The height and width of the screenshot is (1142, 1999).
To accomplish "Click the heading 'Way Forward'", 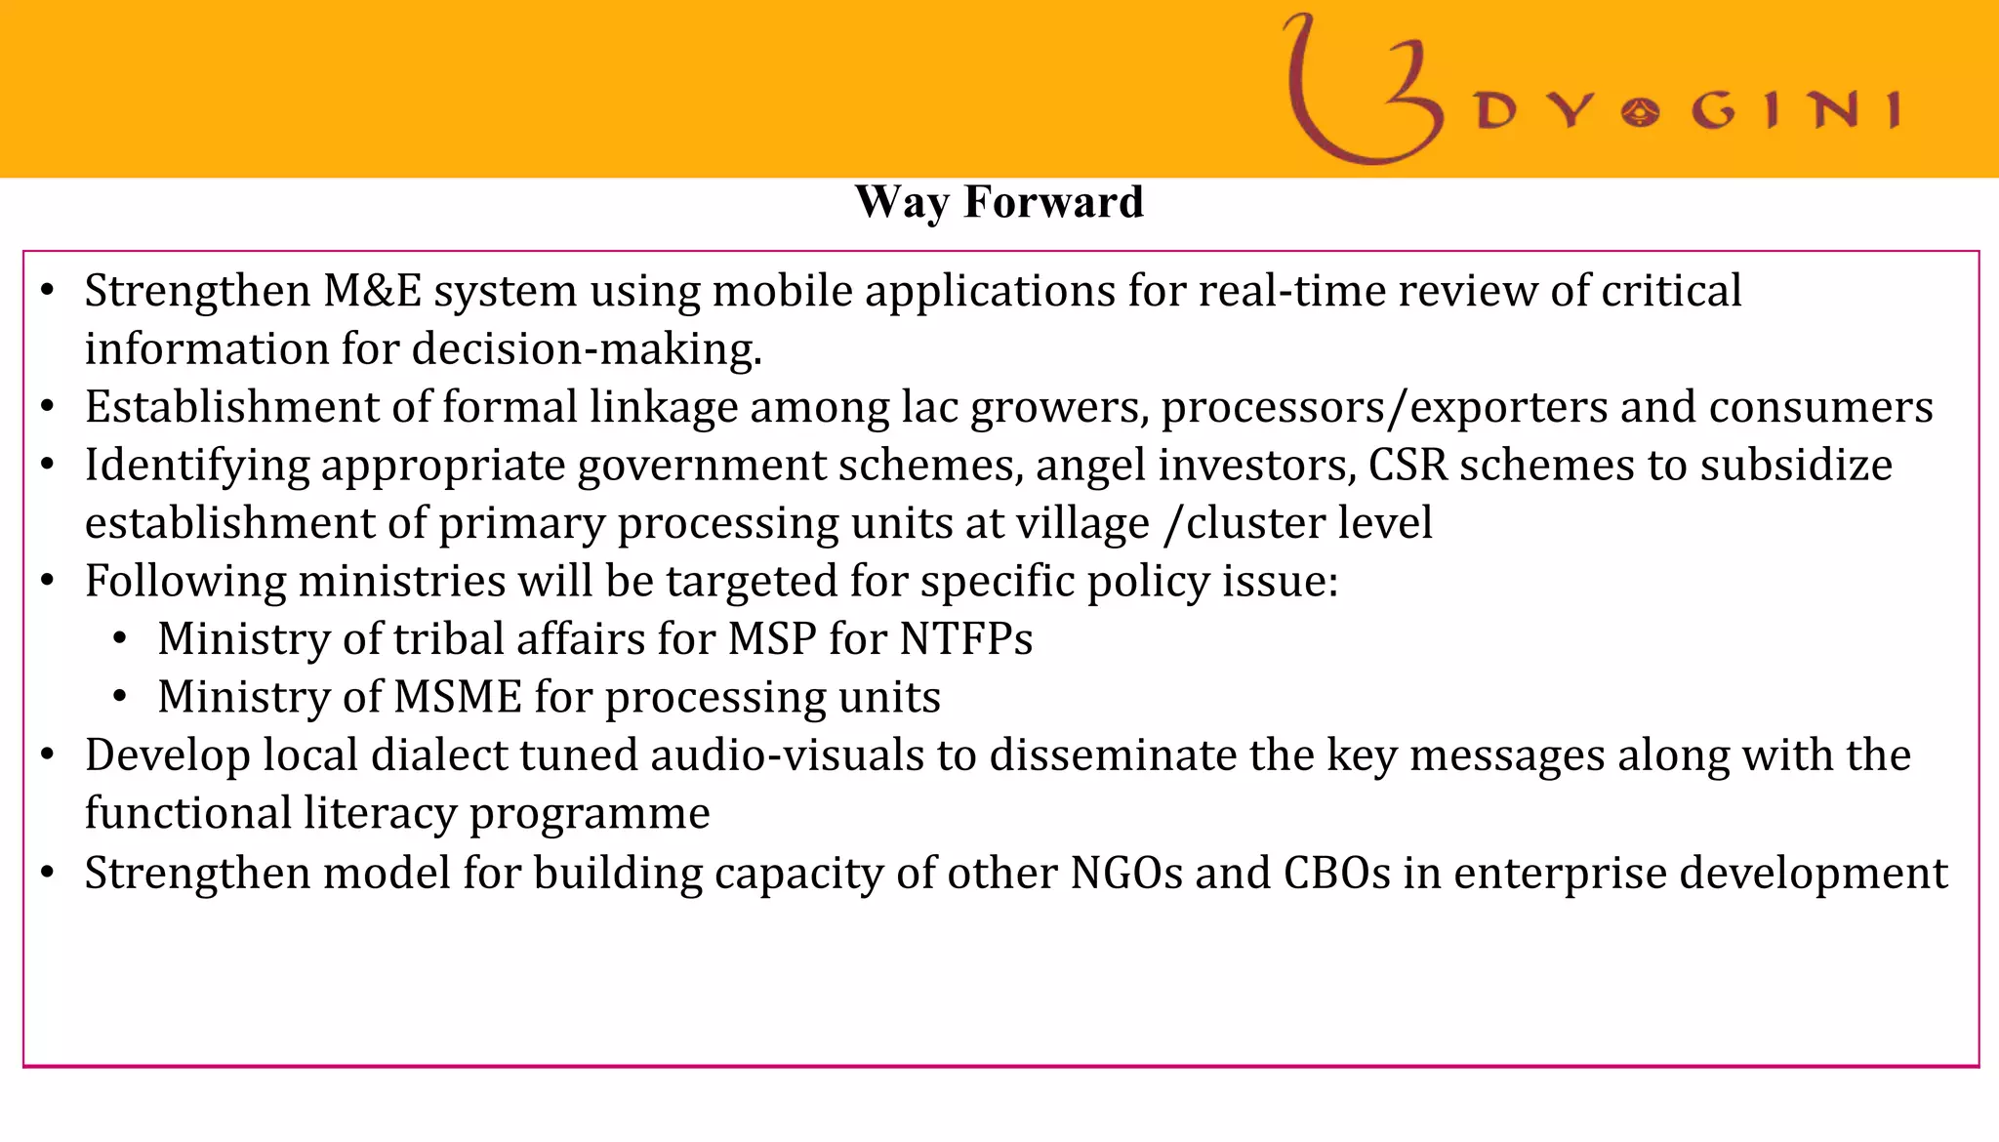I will point(999,203).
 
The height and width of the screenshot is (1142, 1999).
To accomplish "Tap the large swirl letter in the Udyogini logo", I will point(1362,93).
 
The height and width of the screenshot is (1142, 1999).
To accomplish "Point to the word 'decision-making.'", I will point(587,349).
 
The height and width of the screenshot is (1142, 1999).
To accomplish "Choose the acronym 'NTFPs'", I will point(965,639).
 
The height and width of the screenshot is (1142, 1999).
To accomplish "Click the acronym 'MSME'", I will point(458,698).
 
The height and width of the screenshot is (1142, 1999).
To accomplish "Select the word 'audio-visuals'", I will point(787,755).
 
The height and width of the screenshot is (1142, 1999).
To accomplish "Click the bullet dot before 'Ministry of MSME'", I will point(120,697).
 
